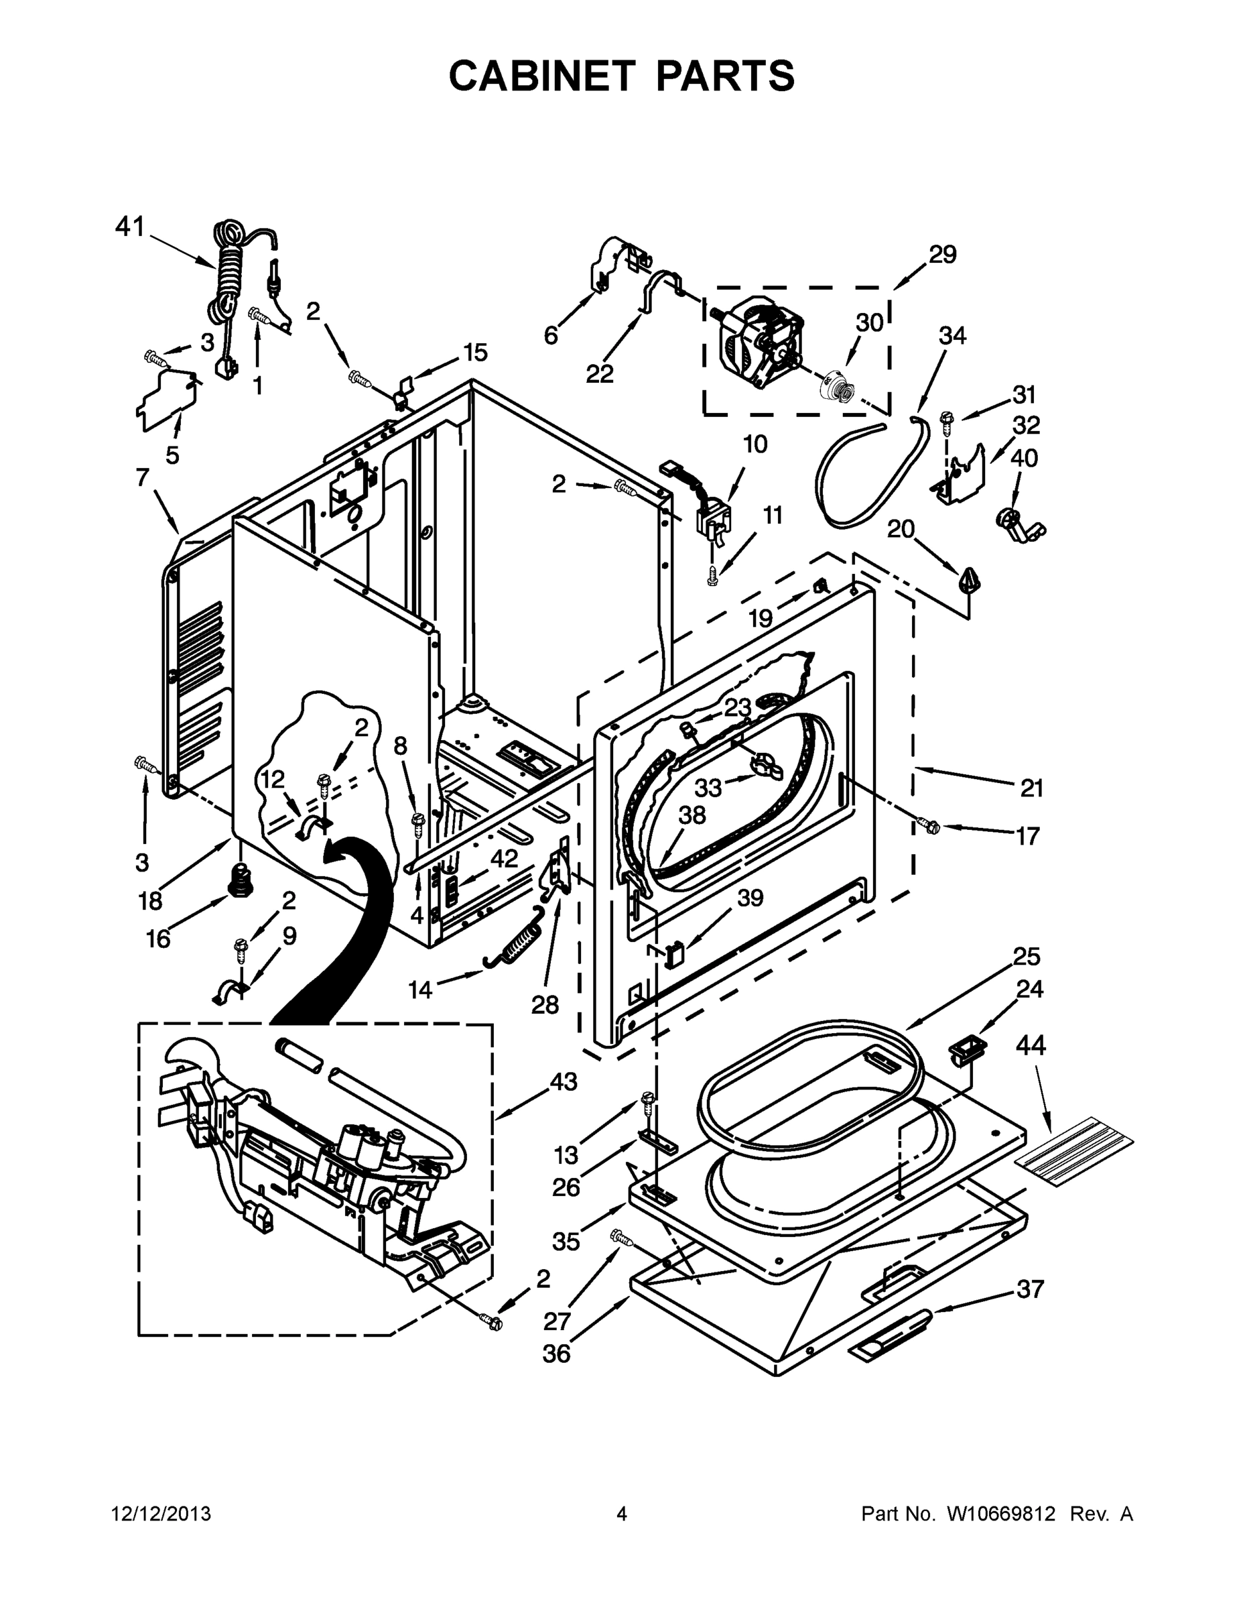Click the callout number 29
coord(942,255)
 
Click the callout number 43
coord(564,1081)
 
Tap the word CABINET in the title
coord(541,76)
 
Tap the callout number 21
coord(1031,788)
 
